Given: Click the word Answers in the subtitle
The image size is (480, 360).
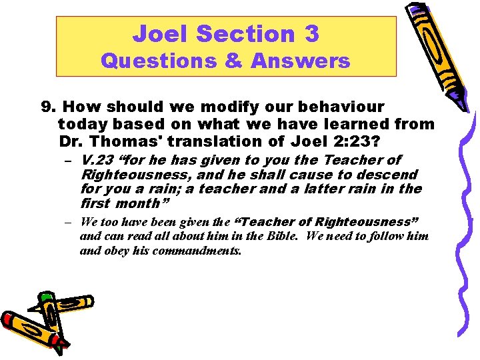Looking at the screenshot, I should click(301, 61).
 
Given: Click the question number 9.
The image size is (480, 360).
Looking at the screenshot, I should click(47, 107).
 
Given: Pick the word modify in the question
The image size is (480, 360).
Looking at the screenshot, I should click(191, 107).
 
